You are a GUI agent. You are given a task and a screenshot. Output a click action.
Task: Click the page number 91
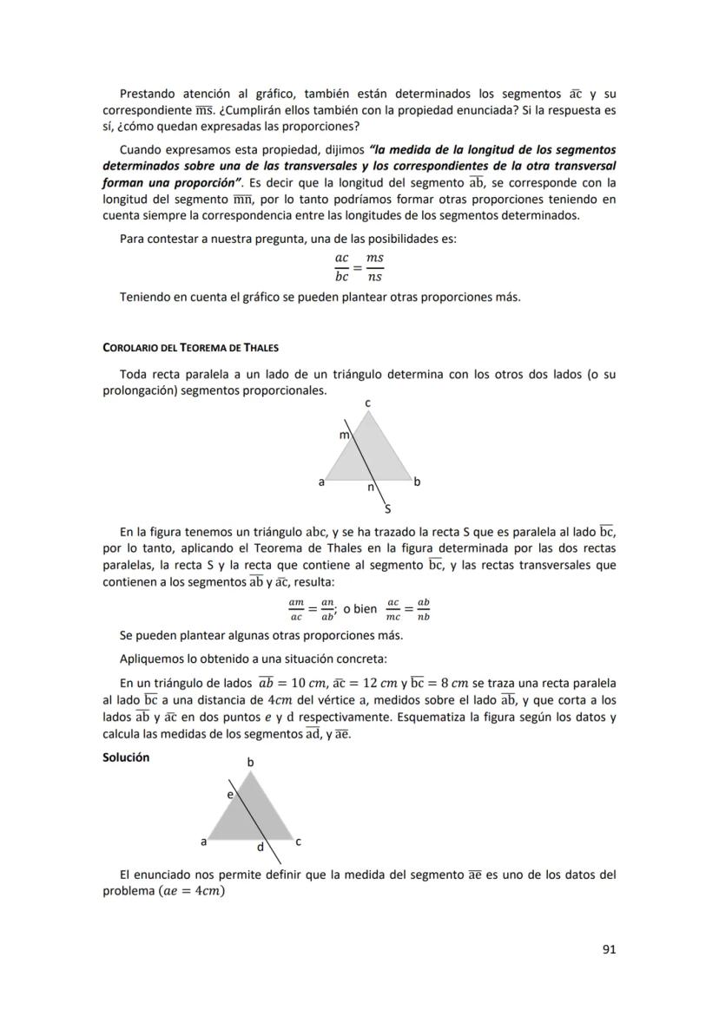(x=609, y=949)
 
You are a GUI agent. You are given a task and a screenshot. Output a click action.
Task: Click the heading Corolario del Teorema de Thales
(x=190, y=348)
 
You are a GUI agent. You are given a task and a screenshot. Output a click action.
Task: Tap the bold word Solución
(x=126, y=757)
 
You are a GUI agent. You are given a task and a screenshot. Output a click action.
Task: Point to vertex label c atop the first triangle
(x=368, y=403)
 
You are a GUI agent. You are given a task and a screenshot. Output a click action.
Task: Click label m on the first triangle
(x=343, y=435)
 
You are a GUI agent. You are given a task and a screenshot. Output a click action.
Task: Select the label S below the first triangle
(x=387, y=508)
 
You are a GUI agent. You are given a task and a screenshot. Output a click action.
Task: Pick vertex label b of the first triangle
(x=417, y=482)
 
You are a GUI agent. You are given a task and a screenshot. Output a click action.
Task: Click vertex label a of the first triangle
(x=320, y=482)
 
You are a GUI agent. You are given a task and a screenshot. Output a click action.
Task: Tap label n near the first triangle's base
(x=370, y=488)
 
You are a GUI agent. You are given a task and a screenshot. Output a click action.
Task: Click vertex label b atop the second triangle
(x=251, y=762)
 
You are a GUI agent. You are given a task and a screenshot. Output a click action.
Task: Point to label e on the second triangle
(x=230, y=794)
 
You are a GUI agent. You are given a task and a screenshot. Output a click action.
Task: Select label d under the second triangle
(x=259, y=847)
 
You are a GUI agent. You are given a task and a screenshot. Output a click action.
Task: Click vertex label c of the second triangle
(x=298, y=842)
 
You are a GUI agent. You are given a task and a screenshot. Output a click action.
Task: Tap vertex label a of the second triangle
(x=204, y=842)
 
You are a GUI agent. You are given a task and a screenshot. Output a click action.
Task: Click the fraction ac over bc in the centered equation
(x=341, y=267)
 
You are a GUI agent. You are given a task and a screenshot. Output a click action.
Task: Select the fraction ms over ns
(x=374, y=267)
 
